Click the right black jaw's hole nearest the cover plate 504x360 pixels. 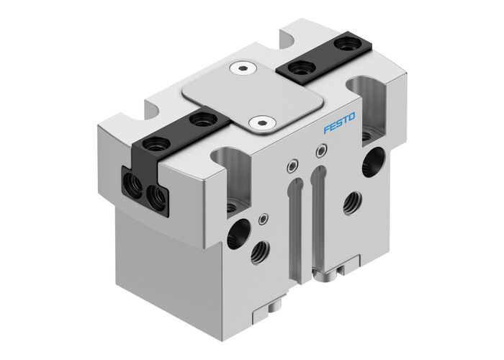pos(296,71)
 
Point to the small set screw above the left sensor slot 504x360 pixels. pos(290,166)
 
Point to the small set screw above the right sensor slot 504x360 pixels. pos(320,150)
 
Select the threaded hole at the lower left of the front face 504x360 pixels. pos(255,253)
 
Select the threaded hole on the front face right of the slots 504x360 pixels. pos(353,200)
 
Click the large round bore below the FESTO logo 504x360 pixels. pos(375,158)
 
